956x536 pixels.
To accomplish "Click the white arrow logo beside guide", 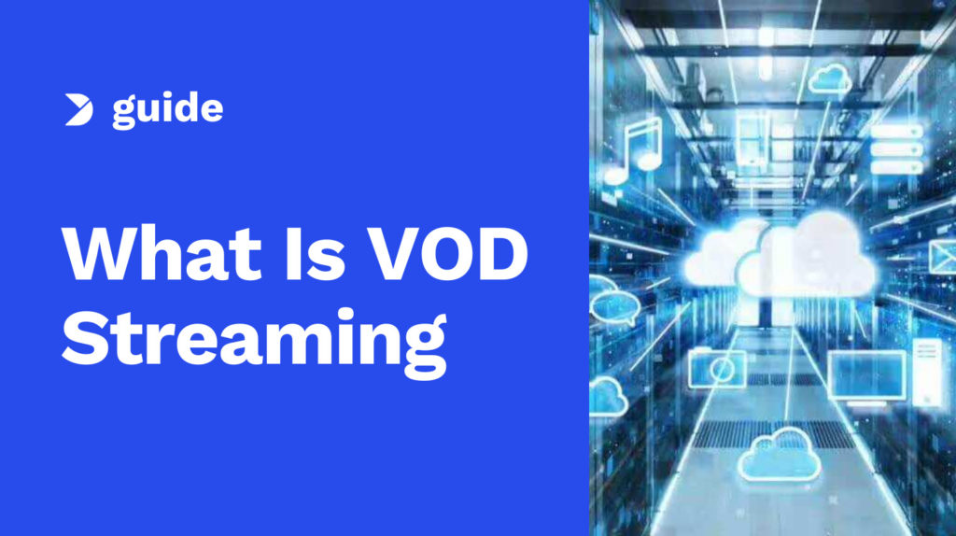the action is click(x=78, y=110).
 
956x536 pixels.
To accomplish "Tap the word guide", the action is click(x=168, y=110).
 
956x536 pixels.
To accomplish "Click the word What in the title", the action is click(x=162, y=253).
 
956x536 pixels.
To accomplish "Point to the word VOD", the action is click(x=449, y=253).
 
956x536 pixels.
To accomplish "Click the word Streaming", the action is click(x=254, y=342).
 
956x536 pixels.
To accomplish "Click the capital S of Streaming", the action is click(x=85, y=338).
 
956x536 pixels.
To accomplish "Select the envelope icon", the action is click(x=943, y=256).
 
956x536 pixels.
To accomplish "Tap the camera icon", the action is click(x=717, y=368).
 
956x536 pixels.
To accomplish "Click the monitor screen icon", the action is click(x=866, y=378).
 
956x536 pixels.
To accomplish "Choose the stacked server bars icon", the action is click(x=896, y=149).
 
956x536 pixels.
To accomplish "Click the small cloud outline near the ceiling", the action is click(x=830, y=80).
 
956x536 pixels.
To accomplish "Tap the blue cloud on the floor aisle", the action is click(x=780, y=454).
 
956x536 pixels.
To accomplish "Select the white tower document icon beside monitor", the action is click(x=927, y=373).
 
